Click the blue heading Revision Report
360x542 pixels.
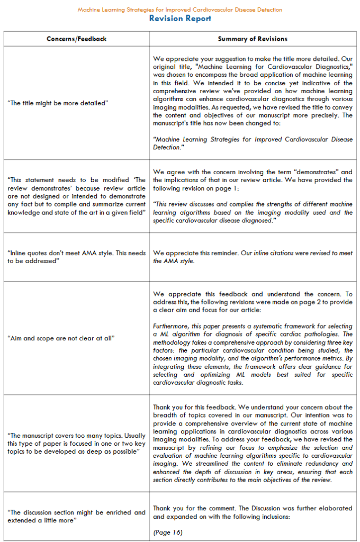pos(180,19)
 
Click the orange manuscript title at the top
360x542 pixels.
pos(180,10)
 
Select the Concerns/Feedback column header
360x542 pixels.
pos(76,39)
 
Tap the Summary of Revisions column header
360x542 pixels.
pos(253,39)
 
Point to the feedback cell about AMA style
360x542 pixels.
pos(76,257)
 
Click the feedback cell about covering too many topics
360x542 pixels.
pos(76,443)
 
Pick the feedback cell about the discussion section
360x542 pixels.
pos(76,516)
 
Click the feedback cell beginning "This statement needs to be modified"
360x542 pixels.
pos(76,196)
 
